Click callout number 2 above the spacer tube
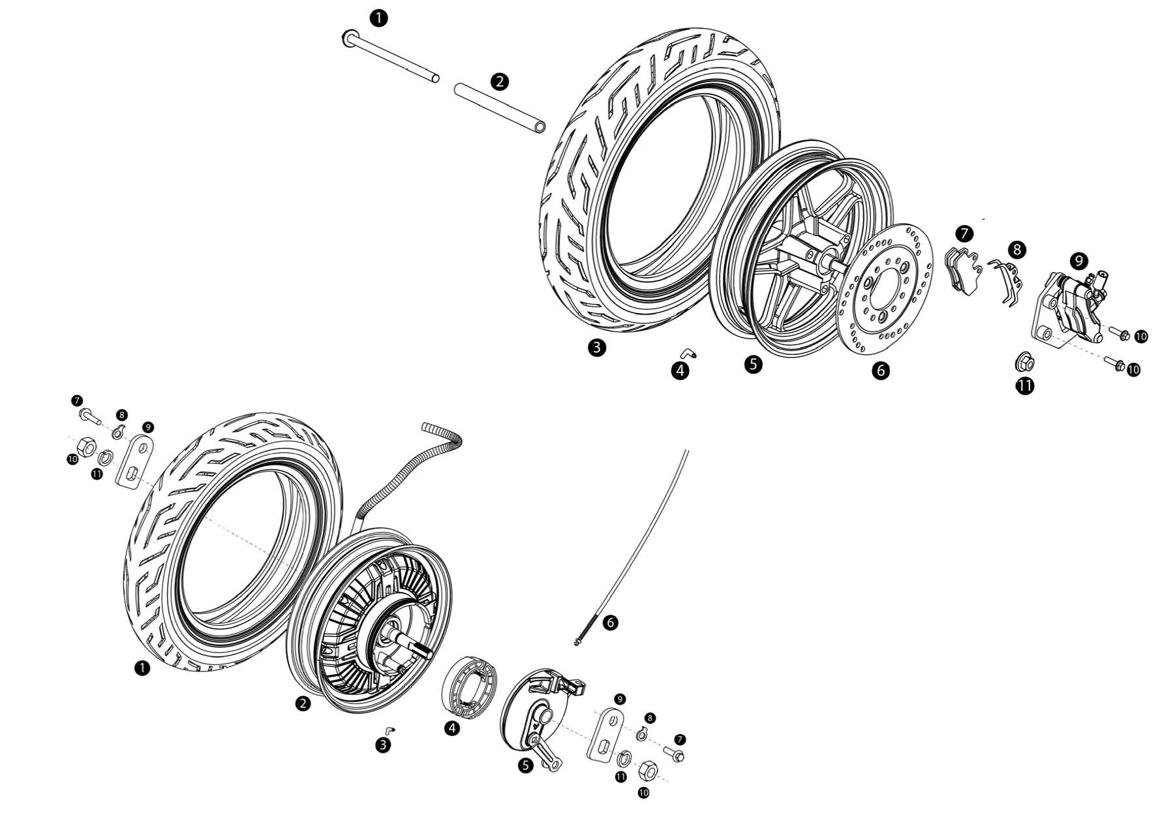(499, 82)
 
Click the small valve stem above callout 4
(686, 352)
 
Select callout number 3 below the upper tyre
(596, 347)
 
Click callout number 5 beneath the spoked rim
(753, 363)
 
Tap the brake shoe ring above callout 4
(470, 682)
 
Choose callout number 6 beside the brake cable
(610, 623)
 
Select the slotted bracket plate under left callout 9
(135, 461)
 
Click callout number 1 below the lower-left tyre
(141, 668)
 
